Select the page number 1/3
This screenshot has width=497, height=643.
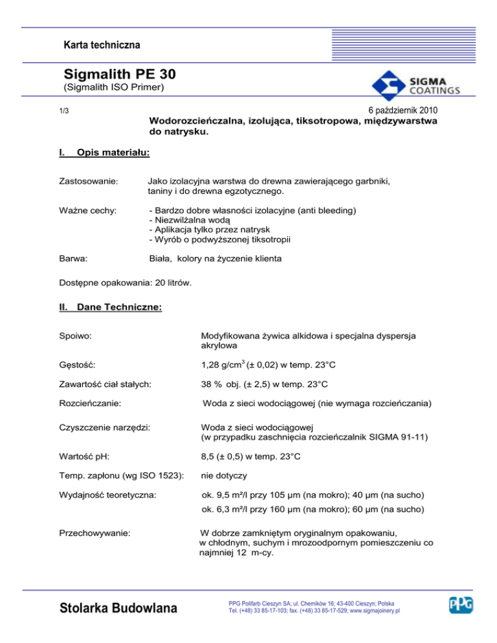[x=63, y=111]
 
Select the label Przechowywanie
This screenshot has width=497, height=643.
[x=94, y=534]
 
